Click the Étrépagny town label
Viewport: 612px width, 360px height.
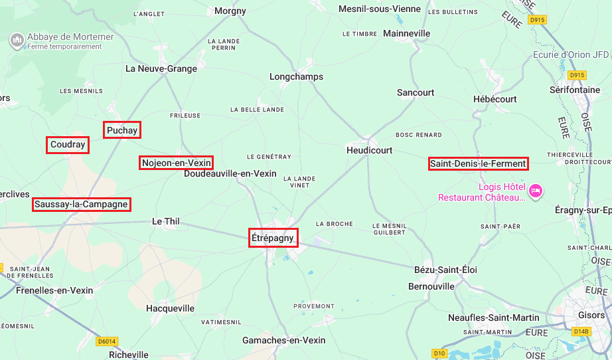tap(273, 238)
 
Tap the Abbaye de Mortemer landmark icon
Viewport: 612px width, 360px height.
tap(17, 41)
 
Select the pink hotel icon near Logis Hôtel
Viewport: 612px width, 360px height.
tap(536, 192)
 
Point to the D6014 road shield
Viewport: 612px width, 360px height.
tap(106, 341)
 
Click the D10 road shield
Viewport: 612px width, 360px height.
tap(439, 353)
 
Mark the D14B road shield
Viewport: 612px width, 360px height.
tap(580, 331)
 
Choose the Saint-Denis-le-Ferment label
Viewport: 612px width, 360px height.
tap(478, 163)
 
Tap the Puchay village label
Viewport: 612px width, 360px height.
tap(122, 130)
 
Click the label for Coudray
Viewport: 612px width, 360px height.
tap(68, 145)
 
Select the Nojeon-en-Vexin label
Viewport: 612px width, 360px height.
tap(177, 163)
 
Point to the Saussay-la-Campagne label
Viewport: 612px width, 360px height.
tap(81, 204)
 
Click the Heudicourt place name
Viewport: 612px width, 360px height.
tap(370, 151)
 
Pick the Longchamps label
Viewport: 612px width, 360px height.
tap(296, 76)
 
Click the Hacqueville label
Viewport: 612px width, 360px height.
tap(170, 308)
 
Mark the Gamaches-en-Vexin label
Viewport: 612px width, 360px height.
tap(283, 340)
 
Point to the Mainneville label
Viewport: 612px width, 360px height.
tap(407, 33)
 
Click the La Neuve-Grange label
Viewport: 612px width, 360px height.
tap(161, 68)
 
